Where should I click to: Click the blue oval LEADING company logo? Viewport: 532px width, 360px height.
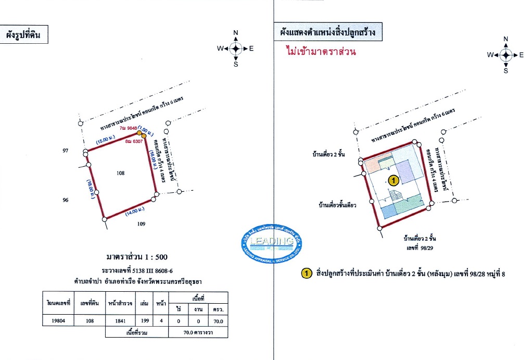pyautogui.click(x=272, y=245)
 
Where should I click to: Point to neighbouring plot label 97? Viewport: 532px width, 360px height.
pyautogui.click(x=65, y=151)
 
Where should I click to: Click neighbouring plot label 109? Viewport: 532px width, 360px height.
pyautogui.click(x=141, y=224)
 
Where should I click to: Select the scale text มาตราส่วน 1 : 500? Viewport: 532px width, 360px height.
pyautogui.click(x=137, y=257)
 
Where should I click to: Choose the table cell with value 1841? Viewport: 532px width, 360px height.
pyautogui.click(x=121, y=321)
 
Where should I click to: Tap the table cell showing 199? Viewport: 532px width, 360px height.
pyautogui.click(x=144, y=321)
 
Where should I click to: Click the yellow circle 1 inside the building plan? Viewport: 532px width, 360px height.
pyautogui.click(x=394, y=181)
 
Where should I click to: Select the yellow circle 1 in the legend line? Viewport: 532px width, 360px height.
pyautogui.click(x=307, y=274)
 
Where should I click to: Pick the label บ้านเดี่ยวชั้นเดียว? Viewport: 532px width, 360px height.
pyautogui.click(x=337, y=205)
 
